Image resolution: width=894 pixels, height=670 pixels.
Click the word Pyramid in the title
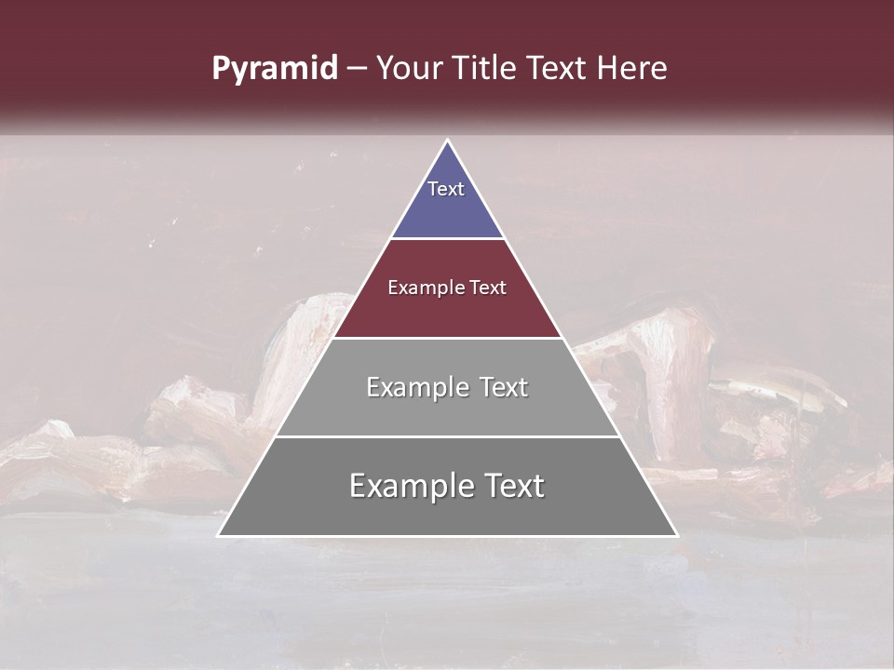pyautogui.click(x=274, y=70)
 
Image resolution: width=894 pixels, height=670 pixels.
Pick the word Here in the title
pyautogui.click(x=631, y=69)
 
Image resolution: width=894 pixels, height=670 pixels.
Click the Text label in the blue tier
pyautogui.click(x=446, y=189)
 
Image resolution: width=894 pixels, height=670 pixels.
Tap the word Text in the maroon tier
pyautogui.click(x=488, y=288)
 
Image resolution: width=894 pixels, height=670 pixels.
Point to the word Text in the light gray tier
pyautogui.click(x=503, y=387)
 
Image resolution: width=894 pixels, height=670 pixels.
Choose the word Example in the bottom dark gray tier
pyautogui.click(x=405, y=486)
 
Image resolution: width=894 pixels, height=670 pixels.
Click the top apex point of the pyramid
pyautogui.click(x=448, y=141)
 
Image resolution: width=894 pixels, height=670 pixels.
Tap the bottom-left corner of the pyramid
pyautogui.click(x=219, y=535)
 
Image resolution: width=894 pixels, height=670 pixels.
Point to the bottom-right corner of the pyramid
pyautogui.click(x=677, y=535)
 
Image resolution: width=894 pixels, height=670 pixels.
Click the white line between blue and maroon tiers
pyautogui.click(x=448, y=239)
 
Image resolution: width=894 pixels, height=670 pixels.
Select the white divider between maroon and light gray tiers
pyautogui.click(x=448, y=338)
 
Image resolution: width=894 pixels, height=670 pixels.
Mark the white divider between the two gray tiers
pyautogui.click(x=448, y=436)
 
